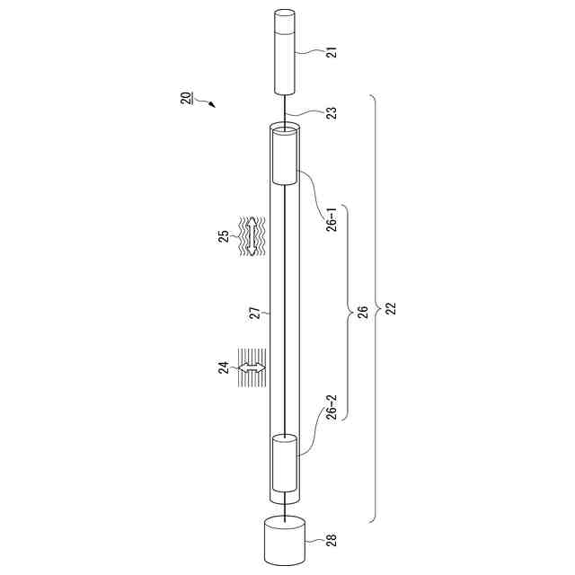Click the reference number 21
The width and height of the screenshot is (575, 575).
point(332,52)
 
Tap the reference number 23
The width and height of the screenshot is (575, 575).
point(332,113)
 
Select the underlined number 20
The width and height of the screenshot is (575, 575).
point(186,99)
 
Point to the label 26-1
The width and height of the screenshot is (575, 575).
point(332,219)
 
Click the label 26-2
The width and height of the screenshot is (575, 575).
point(332,407)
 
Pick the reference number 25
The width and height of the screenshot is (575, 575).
point(224,235)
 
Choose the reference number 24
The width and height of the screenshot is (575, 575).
point(224,367)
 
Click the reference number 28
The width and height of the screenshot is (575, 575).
point(332,540)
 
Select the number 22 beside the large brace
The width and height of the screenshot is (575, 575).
point(392,309)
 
